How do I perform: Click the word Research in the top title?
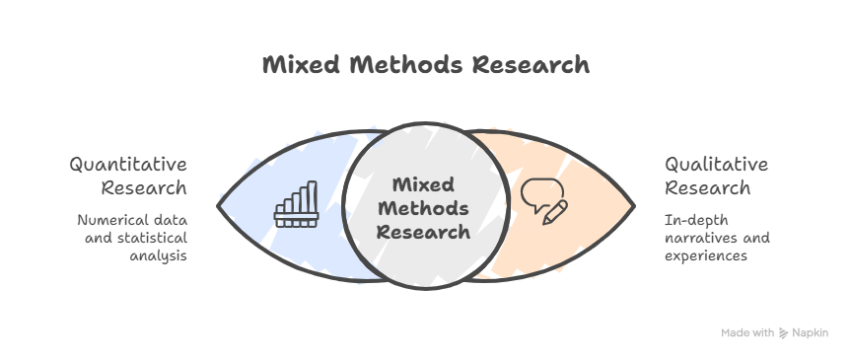click(530, 65)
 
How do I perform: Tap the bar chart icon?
click(296, 204)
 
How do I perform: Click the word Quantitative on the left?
click(128, 164)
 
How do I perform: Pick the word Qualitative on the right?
click(716, 164)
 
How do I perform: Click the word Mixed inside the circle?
click(423, 185)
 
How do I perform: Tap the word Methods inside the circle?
click(424, 209)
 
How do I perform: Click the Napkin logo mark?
click(783, 333)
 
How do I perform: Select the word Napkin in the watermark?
click(812, 333)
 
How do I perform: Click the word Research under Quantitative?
click(143, 187)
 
